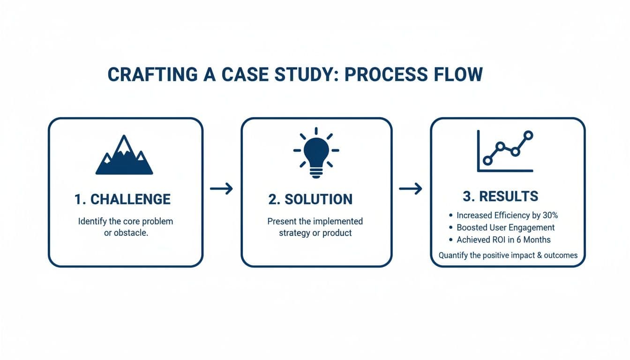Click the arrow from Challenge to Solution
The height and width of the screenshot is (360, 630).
coord(221,188)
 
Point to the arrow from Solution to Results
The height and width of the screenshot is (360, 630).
coord(410,188)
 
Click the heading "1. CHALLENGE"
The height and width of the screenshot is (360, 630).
coord(122,199)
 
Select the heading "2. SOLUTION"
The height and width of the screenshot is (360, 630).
coord(310,199)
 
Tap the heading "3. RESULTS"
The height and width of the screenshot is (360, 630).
coord(500,196)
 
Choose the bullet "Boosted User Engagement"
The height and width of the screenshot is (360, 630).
coord(505,228)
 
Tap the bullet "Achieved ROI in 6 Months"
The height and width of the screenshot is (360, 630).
coord(503,240)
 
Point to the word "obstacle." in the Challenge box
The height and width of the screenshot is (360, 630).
coord(133,233)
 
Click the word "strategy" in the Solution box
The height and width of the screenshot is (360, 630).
coord(295,233)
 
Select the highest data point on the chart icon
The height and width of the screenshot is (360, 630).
coord(528,135)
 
